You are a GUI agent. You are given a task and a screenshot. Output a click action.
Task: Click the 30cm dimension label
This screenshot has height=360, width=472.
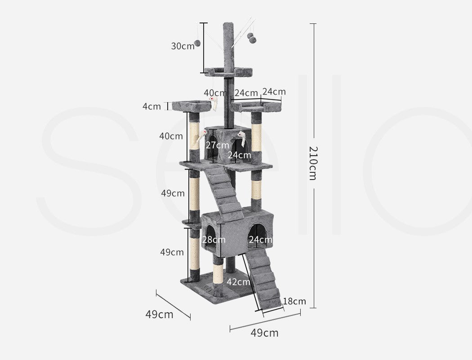click(183, 46)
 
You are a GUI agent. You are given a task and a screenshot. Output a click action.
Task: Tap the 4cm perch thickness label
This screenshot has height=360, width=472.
click(152, 106)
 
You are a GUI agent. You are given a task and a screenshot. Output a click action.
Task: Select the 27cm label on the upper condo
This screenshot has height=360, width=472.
click(217, 145)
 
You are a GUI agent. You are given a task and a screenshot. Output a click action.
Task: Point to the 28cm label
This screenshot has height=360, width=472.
click(214, 240)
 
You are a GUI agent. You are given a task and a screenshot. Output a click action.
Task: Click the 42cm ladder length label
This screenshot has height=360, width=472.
click(238, 282)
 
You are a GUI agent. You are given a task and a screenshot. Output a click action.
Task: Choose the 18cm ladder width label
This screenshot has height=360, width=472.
click(294, 301)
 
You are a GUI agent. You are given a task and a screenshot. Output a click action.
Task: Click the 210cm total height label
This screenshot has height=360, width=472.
click(313, 163)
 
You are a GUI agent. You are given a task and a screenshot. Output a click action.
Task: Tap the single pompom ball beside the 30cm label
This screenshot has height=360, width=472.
click(197, 43)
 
